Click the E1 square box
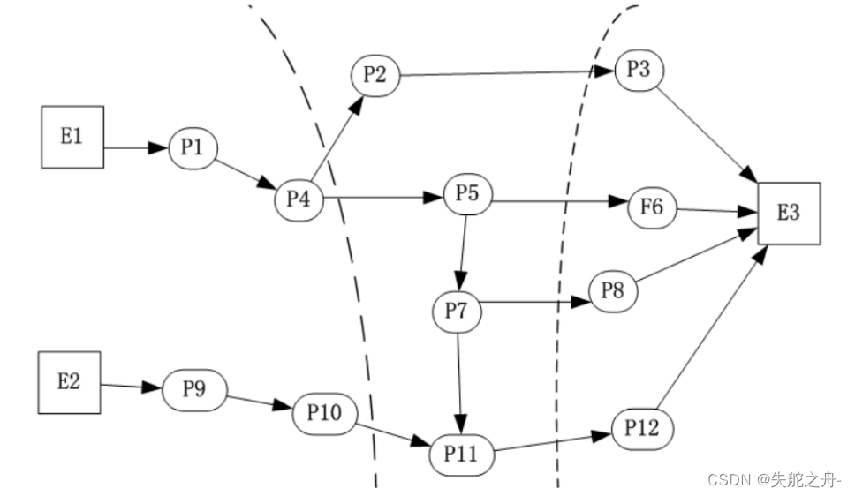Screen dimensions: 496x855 (x=72, y=136)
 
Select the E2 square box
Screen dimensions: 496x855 (x=68, y=381)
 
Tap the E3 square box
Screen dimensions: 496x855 (x=789, y=213)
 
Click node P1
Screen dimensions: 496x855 (x=193, y=147)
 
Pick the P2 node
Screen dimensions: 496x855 (x=375, y=75)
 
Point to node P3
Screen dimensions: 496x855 (x=639, y=71)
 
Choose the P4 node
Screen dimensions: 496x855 (x=298, y=199)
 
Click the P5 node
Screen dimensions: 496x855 (x=467, y=195)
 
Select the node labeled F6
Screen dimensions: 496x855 (x=651, y=208)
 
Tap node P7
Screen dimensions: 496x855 (x=457, y=312)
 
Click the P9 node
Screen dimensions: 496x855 (x=194, y=389)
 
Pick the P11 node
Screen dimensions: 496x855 (x=460, y=455)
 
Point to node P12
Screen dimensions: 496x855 (x=642, y=429)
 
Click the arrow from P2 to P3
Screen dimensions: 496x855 (x=508, y=73)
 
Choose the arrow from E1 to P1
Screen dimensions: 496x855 (x=137, y=147)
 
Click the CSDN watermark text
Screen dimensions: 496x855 (x=775, y=479)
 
